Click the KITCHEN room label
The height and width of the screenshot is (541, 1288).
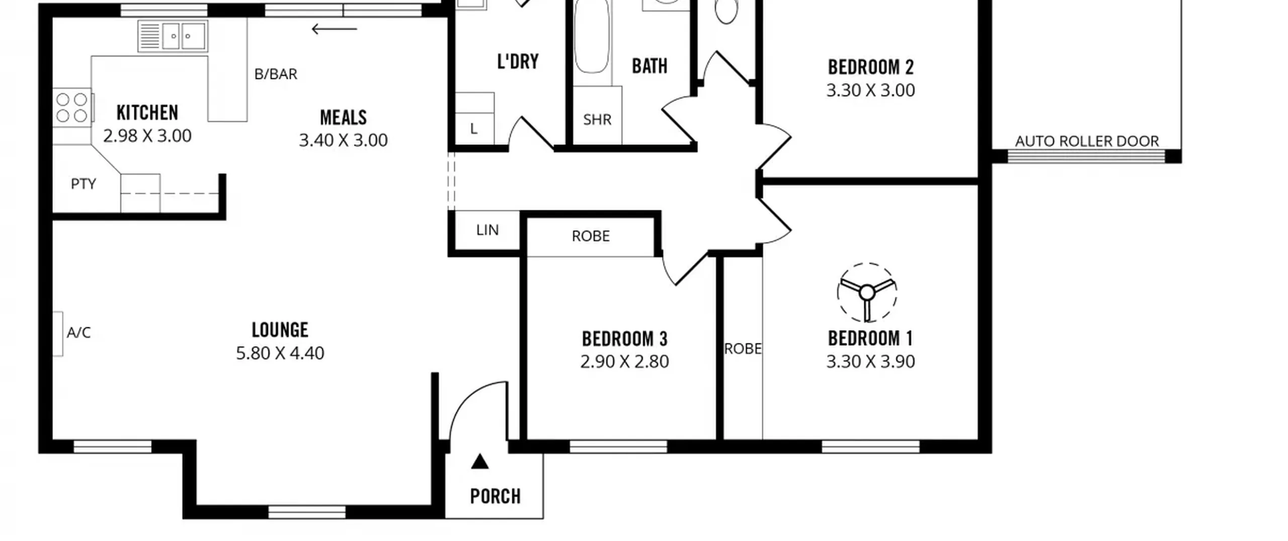pos(147,113)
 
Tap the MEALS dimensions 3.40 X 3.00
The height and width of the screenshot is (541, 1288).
pos(343,140)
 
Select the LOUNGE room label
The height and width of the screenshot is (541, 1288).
pos(280,330)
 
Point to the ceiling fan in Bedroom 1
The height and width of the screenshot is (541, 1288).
pos(867,292)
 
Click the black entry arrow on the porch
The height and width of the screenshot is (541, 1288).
pos(479,461)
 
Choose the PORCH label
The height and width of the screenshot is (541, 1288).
pos(496,497)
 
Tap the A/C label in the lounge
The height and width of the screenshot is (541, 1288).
pos(78,333)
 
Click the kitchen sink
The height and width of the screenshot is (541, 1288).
pos(173,36)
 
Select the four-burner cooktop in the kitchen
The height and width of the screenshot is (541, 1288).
pos(72,107)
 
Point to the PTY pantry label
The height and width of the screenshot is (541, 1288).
pos(84,184)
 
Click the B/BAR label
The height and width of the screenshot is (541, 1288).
pos(276,74)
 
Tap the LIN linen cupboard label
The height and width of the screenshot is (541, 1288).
pos(488,230)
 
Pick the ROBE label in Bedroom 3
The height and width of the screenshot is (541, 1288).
pos(591,236)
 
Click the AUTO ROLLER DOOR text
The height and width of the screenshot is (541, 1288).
pos(1087,141)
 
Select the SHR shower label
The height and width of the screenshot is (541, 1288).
pos(597,120)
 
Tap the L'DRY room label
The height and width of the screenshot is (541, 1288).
pos(518,61)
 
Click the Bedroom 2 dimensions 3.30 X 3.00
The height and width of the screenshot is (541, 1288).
pos(870,91)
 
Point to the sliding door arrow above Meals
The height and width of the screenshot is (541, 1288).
pos(334,29)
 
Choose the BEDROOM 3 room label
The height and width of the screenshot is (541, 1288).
pos(624,339)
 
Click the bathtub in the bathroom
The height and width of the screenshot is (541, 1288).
pos(592,40)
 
